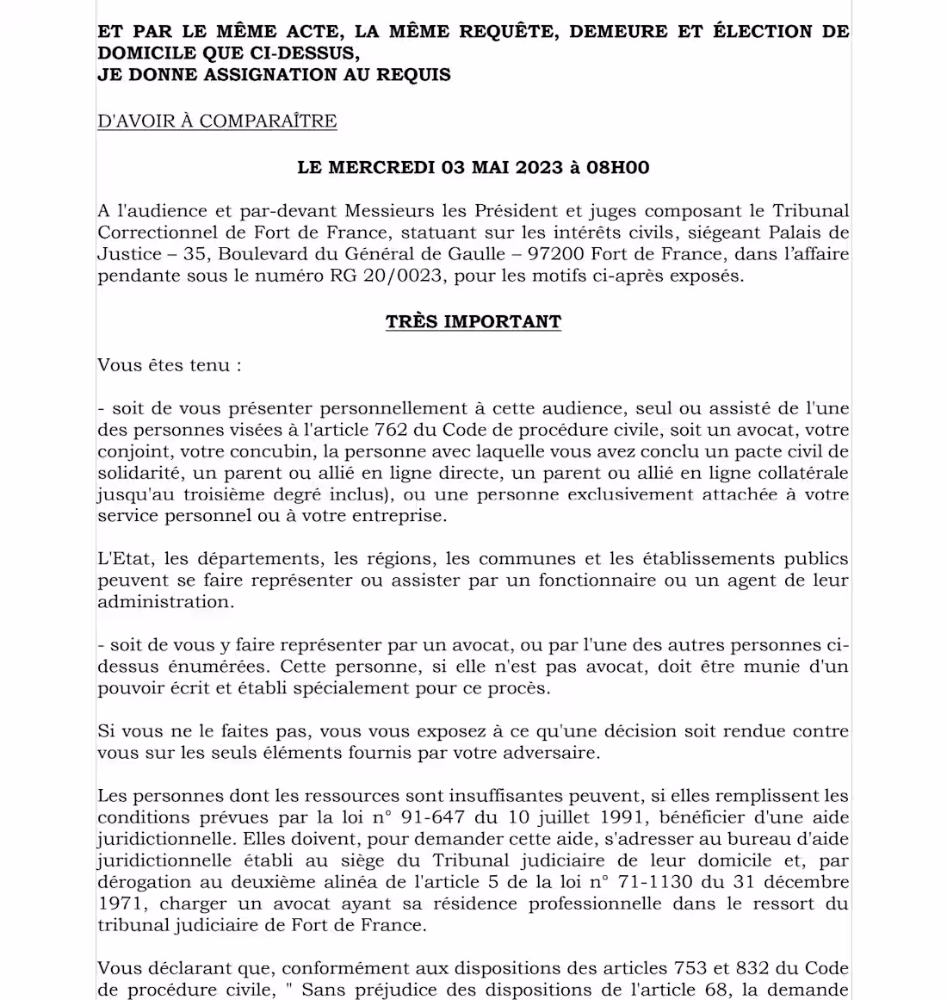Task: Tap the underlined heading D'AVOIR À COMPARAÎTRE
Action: tap(217, 121)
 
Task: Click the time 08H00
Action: tap(617, 167)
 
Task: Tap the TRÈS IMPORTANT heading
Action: tap(473, 322)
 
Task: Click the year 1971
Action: tap(121, 904)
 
